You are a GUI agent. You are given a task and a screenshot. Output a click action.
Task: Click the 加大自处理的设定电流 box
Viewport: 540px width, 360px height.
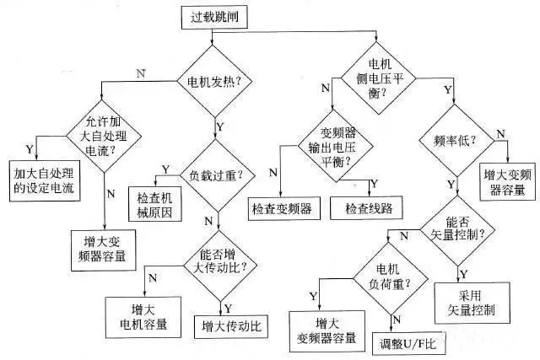pyautogui.click(x=43, y=180)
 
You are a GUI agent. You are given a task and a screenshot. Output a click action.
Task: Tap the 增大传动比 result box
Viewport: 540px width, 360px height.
pyautogui.click(x=231, y=324)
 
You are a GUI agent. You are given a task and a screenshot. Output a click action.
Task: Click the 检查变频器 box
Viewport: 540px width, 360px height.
pyautogui.click(x=281, y=207)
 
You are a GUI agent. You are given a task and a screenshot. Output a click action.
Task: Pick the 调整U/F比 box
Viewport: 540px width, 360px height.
pyautogui.click(x=404, y=343)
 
